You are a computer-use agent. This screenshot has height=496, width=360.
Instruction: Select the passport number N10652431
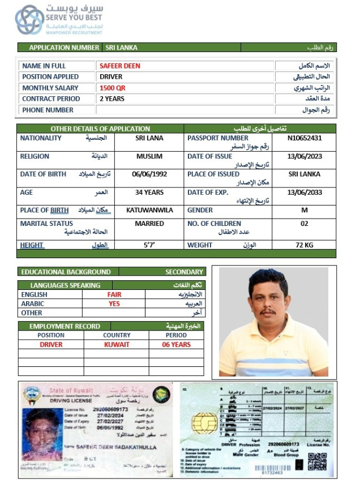click(305, 138)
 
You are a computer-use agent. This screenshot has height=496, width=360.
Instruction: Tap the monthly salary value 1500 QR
click(112, 88)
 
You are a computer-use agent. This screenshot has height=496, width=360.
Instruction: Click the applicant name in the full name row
click(119, 66)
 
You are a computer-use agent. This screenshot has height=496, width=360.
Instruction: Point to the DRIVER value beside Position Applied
click(111, 76)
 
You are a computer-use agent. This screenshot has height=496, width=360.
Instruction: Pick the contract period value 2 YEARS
click(112, 99)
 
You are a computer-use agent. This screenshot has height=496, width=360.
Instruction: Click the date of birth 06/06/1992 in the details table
click(149, 174)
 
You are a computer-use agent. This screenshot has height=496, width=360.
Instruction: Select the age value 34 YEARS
click(149, 192)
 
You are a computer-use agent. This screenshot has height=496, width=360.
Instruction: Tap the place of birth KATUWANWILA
click(149, 210)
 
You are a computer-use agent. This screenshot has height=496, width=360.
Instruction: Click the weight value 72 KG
click(305, 245)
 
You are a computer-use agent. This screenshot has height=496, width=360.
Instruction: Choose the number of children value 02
click(305, 224)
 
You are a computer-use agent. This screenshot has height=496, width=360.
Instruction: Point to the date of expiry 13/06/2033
click(305, 192)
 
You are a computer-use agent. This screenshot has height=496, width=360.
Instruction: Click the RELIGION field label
click(36, 156)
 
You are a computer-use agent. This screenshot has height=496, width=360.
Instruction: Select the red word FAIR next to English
click(114, 294)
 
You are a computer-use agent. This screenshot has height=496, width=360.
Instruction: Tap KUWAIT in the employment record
click(117, 344)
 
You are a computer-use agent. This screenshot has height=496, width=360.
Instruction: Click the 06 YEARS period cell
click(177, 344)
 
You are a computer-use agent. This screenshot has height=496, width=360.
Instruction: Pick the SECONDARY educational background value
click(184, 272)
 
